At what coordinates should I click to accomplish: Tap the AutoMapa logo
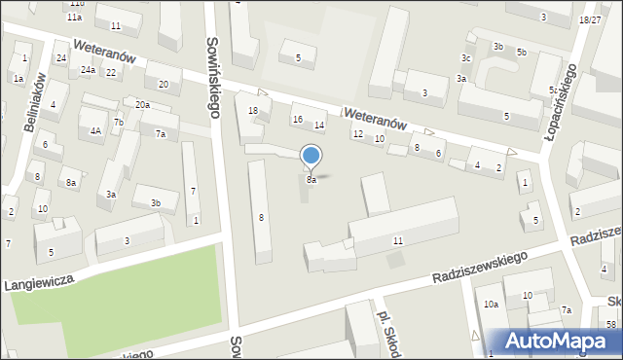562,340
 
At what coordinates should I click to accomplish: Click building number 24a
89,70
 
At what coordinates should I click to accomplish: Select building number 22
111,72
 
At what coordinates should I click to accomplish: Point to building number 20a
142,104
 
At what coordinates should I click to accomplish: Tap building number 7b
118,122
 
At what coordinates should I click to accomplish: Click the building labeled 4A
95,130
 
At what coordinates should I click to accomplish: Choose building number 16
298,119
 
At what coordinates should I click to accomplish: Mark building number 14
318,125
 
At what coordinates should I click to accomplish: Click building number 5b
522,52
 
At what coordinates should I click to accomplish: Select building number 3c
465,58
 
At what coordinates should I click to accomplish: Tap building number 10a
492,305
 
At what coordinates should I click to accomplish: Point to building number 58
611,323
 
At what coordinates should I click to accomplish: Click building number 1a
18,78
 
